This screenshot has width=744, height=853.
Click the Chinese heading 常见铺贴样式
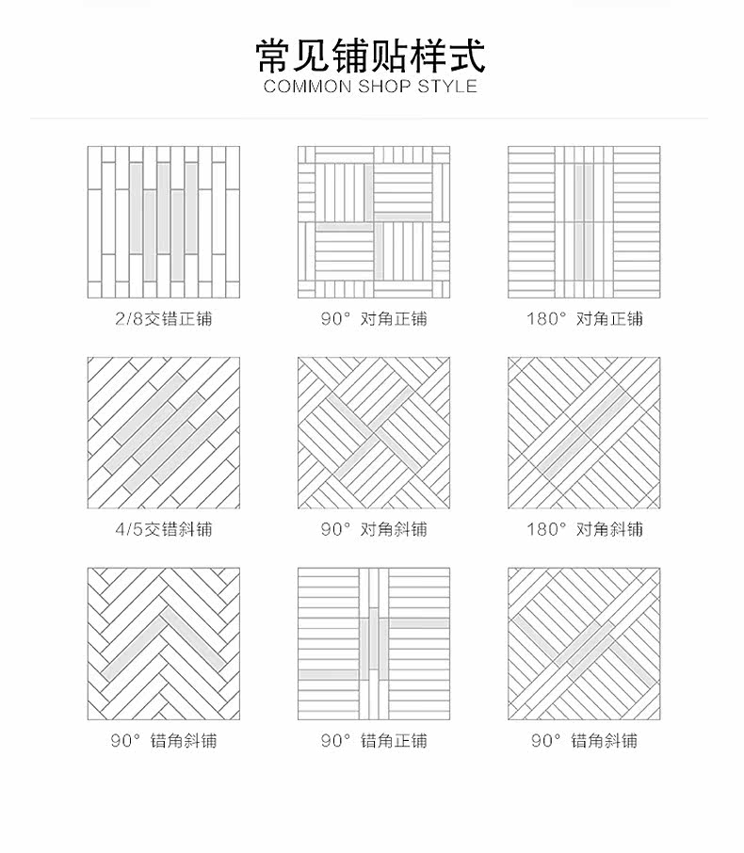point(371,56)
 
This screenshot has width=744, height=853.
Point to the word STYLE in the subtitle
point(449,87)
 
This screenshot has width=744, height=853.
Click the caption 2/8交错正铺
point(163,318)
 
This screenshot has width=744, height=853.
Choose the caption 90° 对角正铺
point(373,318)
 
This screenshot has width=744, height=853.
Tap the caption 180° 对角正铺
point(584,318)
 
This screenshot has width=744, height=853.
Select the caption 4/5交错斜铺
point(163,529)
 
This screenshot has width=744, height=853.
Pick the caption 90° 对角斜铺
point(373,529)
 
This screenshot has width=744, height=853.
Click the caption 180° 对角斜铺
point(584,529)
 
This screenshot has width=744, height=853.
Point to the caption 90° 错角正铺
point(373,741)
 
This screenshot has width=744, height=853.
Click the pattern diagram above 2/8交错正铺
point(163,222)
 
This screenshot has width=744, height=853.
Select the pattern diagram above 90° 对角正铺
point(374,222)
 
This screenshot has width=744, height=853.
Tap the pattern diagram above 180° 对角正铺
point(584,222)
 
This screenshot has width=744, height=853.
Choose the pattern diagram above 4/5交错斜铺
point(163,433)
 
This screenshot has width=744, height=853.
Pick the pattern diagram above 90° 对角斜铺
point(374,433)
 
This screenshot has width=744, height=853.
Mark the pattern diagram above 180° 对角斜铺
point(584,433)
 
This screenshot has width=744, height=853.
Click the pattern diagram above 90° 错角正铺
point(374,644)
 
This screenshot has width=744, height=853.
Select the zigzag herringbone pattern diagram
point(163,644)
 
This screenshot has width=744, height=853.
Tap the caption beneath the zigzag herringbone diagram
point(163,741)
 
